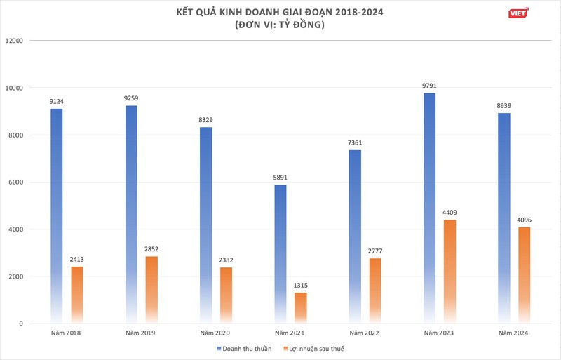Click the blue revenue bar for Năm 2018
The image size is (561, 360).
click(57, 211)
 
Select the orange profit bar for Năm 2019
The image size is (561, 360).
click(151, 288)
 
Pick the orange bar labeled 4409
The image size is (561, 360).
click(450, 270)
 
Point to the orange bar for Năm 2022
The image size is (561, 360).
click(375, 289)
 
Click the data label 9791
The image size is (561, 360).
click(430, 86)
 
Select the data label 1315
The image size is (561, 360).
click(300, 286)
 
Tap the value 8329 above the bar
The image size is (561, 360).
click(206, 121)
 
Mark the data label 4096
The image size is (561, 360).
click(525, 220)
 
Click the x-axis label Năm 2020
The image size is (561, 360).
click(216, 332)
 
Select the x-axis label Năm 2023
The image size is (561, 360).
click(440, 332)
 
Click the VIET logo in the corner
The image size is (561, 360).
click(518, 12)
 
